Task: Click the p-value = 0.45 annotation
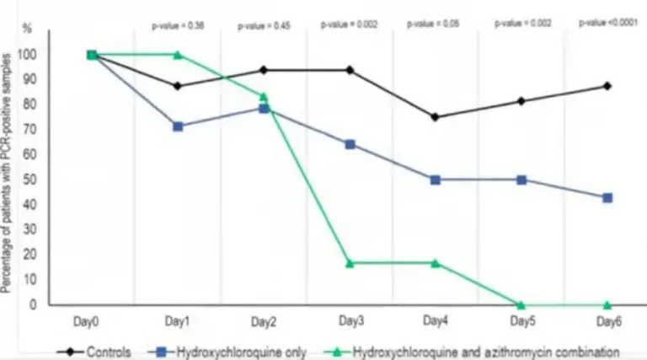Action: [x=264, y=24]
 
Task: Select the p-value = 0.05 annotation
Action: [x=435, y=24]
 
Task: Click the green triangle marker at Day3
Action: [x=350, y=263]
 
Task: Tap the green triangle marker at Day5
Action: [x=521, y=304]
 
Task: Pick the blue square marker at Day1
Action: [x=178, y=126]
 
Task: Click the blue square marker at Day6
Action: [x=607, y=197]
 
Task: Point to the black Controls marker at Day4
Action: [x=435, y=117]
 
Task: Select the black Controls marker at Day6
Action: [x=607, y=86]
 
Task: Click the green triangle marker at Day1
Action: [x=178, y=55]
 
